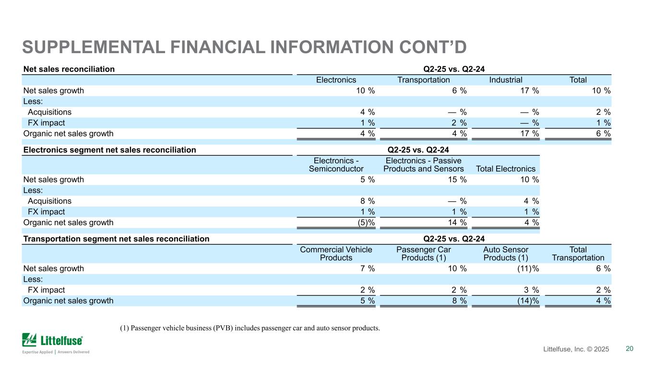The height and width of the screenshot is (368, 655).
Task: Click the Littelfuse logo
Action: click(x=56, y=343)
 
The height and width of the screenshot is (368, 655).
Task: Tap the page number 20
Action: click(x=629, y=348)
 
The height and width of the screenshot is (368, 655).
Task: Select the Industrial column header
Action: click(x=506, y=80)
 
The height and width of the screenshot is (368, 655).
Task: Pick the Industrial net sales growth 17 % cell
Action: click(x=529, y=91)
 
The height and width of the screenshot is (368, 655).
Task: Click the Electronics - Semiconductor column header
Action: click(x=336, y=165)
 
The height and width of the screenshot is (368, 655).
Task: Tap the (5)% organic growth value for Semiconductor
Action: click(x=366, y=222)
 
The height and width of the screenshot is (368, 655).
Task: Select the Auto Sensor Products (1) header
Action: click(x=506, y=253)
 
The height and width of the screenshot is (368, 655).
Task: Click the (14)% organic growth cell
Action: click(x=528, y=300)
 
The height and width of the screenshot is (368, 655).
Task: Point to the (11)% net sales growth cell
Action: click(x=528, y=268)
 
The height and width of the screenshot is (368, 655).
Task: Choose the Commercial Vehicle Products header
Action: click(x=336, y=253)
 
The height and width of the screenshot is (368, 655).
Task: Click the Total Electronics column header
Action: click(x=506, y=169)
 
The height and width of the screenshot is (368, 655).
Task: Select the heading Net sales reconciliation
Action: click(x=69, y=69)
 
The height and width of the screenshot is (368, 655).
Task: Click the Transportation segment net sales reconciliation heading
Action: click(x=117, y=239)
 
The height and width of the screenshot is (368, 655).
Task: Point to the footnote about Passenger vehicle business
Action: click(x=250, y=328)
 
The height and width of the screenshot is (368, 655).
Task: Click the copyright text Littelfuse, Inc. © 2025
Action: click(x=576, y=349)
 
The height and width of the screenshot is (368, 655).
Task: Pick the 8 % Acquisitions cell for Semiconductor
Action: click(x=368, y=201)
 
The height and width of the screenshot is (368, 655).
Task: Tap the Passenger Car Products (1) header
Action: click(x=423, y=253)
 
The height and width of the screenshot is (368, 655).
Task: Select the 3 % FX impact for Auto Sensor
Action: click(x=531, y=290)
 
